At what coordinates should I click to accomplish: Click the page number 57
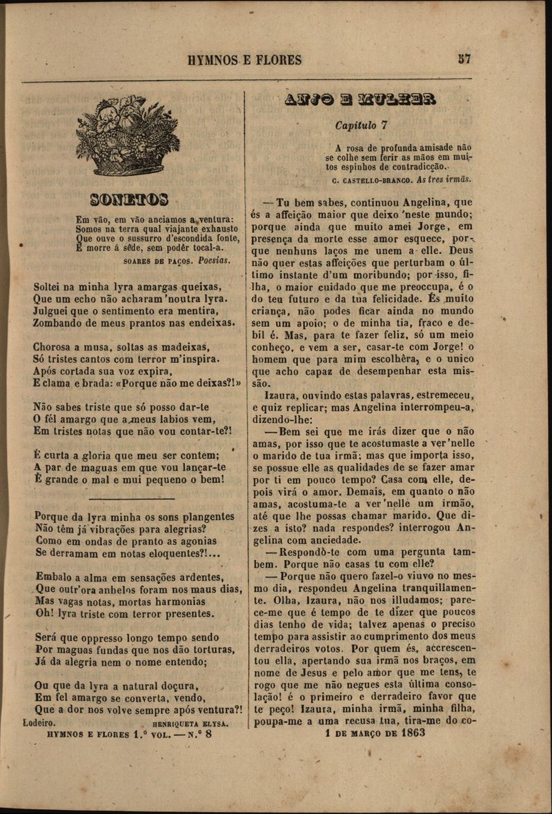(x=464, y=59)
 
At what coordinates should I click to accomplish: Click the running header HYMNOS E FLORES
(x=244, y=60)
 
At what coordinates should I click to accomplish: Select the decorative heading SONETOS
(x=129, y=201)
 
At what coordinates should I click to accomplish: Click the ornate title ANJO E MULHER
(x=360, y=99)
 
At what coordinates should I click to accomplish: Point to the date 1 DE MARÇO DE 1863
(x=375, y=733)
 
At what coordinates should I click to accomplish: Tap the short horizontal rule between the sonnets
(x=131, y=498)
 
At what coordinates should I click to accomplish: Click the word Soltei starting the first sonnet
(x=48, y=286)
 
